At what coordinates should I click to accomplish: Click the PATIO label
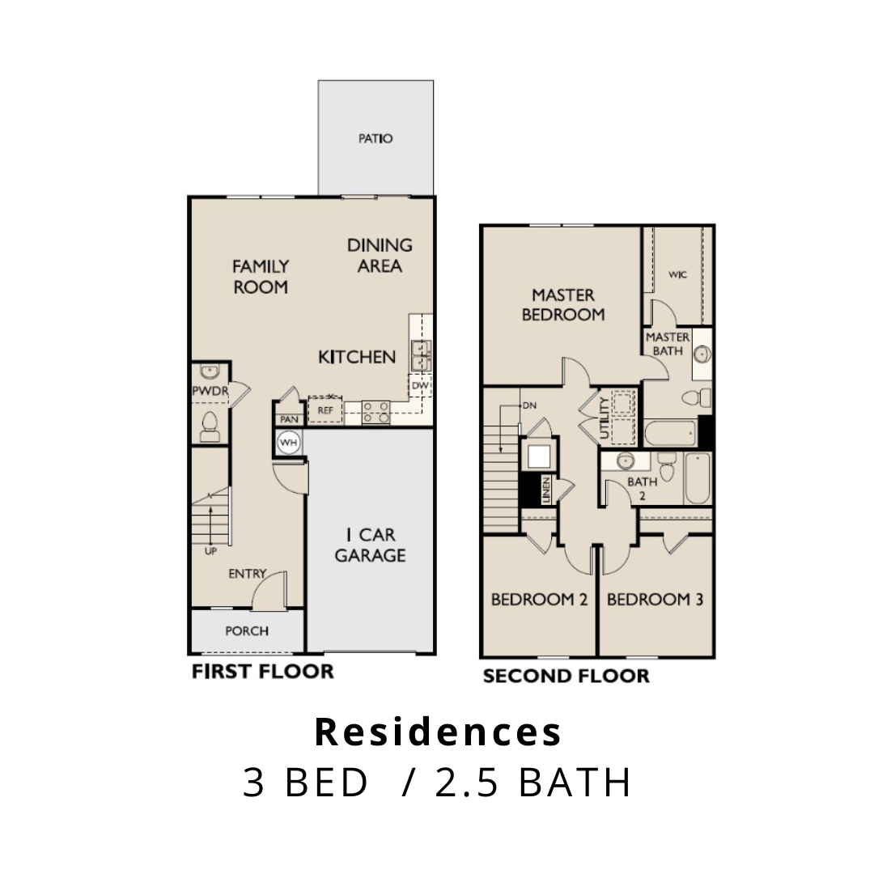pos(375,138)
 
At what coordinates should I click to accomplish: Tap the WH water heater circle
pos(288,443)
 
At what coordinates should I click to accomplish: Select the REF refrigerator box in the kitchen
pos(325,410)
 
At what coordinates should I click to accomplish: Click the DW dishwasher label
pos(420,385)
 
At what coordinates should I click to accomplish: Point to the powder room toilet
pos(210,427)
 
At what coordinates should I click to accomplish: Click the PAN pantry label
pos(289,419)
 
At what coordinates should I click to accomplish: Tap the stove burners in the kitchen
pos(376,413)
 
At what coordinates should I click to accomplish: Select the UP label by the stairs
pos(210,551)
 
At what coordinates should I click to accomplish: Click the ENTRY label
pos(248,574)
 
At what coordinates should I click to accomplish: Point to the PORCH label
pos(247,631)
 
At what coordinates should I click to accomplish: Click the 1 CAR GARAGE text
pos(370,545)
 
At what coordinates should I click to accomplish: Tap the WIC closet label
pos(678,275)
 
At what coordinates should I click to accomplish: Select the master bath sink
pos(702,354)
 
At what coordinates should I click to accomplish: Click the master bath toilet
pos(697,398)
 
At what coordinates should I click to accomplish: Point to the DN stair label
pos(529,405)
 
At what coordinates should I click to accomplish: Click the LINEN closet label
pos(546,490)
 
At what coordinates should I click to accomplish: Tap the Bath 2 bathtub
pos(698,478)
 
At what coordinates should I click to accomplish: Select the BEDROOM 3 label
pos(655,600)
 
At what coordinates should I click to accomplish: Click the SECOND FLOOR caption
pos(566,676)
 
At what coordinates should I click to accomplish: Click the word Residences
pos(438,732)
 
